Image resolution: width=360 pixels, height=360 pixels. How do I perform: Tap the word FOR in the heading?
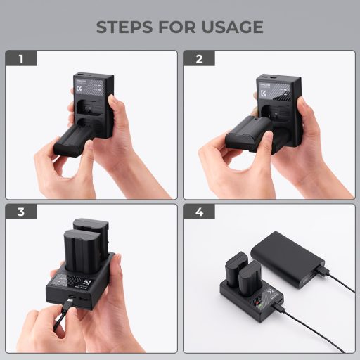pos(178,27)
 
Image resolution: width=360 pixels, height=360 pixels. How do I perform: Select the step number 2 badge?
pos(199,58)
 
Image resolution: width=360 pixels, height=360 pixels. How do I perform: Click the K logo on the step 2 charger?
pos(262,91)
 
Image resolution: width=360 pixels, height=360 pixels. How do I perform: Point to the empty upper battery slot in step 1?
pos(90,108)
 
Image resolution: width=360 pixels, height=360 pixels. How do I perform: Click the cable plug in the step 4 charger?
pos(280,307)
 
